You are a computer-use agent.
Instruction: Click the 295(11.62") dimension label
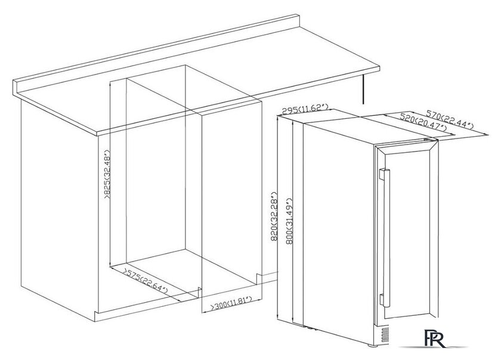click(x=305, y=109)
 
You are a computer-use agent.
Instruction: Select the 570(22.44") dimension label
click(x=450, y=119)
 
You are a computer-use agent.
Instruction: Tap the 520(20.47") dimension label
click(x=423, y=122)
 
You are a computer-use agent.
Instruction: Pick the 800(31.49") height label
click(x=289, y=221)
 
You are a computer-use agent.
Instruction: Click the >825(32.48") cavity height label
click(x=107, y=174)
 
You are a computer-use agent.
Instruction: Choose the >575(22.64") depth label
click(x=146, y=281)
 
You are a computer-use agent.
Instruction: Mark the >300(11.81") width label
click(x=231, y=303)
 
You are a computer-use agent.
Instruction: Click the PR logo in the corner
click(x=434, y=338)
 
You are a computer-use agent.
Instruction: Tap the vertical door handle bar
click(x=386, y=238)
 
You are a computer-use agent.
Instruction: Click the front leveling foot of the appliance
click(x=372, y=346)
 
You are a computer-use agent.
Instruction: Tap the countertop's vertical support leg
click(x=363, y=89)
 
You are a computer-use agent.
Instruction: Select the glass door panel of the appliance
click(x=407, y=236)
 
